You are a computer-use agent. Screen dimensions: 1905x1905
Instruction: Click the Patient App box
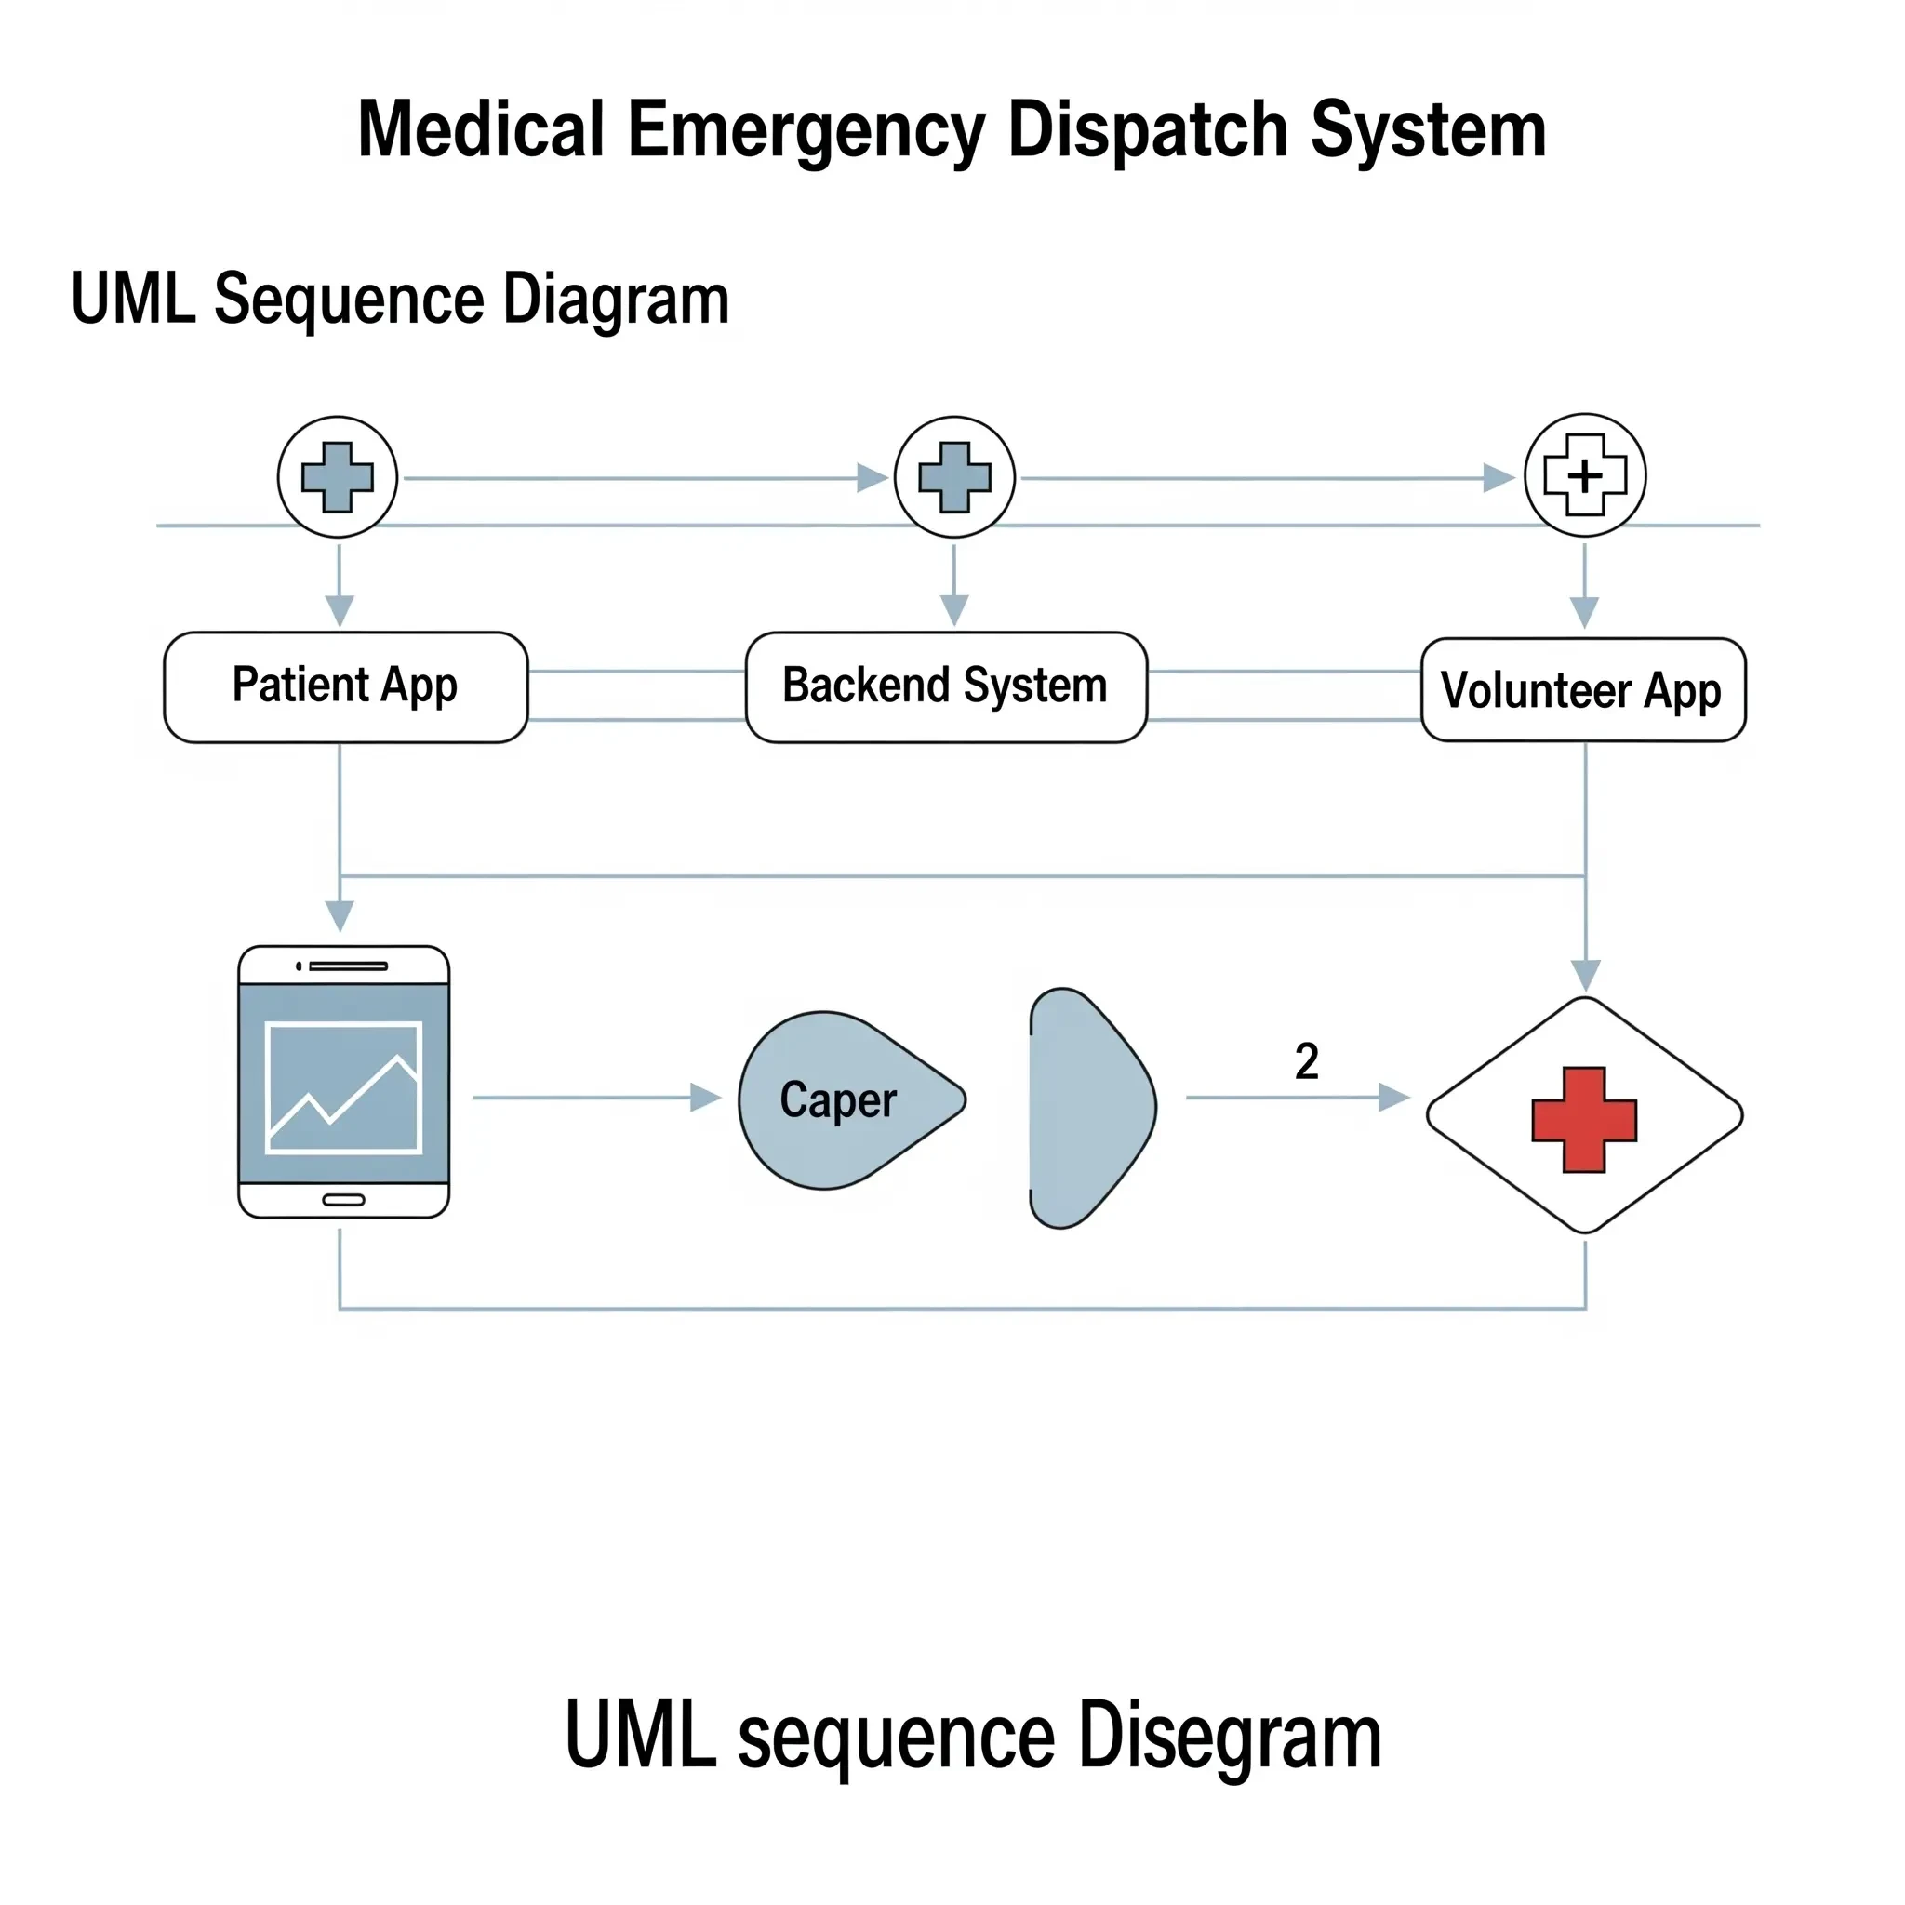click(345, 687)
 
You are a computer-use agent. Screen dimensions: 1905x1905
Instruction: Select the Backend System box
click(946, 687)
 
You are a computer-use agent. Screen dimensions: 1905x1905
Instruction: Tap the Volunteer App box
click(1582, 690)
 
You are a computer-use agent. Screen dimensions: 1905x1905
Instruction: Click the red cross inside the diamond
click(1583, 1119)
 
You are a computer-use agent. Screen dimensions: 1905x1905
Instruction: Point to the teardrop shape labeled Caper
click(838, 1100)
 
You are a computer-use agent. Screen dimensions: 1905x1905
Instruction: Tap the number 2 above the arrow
click(1307, 1062)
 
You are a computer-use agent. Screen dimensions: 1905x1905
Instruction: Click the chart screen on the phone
click(344, 1087)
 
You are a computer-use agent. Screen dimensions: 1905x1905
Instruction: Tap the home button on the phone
click(344, 1200)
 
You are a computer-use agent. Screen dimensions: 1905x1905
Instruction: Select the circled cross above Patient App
click(338, 477)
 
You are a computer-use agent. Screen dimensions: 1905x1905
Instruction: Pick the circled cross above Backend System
click(954, 477)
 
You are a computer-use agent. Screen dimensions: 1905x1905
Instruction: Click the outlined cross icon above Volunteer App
click(1584, 475)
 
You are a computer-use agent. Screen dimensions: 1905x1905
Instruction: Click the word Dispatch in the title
click(1147, 129)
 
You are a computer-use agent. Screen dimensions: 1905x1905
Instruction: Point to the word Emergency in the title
click(806, 129)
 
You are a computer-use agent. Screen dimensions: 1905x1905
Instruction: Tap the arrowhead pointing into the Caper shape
click(706, 1098)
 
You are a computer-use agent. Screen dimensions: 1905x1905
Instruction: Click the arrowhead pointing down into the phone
click(340, 917)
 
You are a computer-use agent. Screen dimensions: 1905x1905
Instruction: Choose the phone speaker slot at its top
click(347, 966)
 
